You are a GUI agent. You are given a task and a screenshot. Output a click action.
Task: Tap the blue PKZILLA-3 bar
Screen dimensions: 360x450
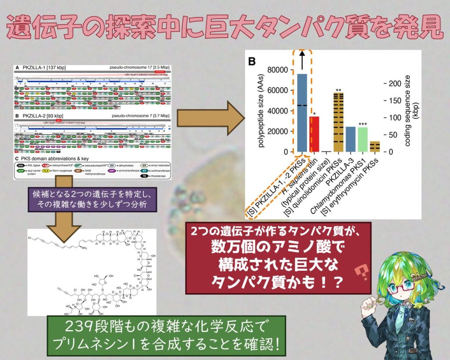point(351,139)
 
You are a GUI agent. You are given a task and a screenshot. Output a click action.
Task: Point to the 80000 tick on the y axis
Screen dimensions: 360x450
point(281,70)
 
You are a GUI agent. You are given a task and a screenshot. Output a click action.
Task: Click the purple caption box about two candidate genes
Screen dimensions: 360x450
point(92,200)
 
